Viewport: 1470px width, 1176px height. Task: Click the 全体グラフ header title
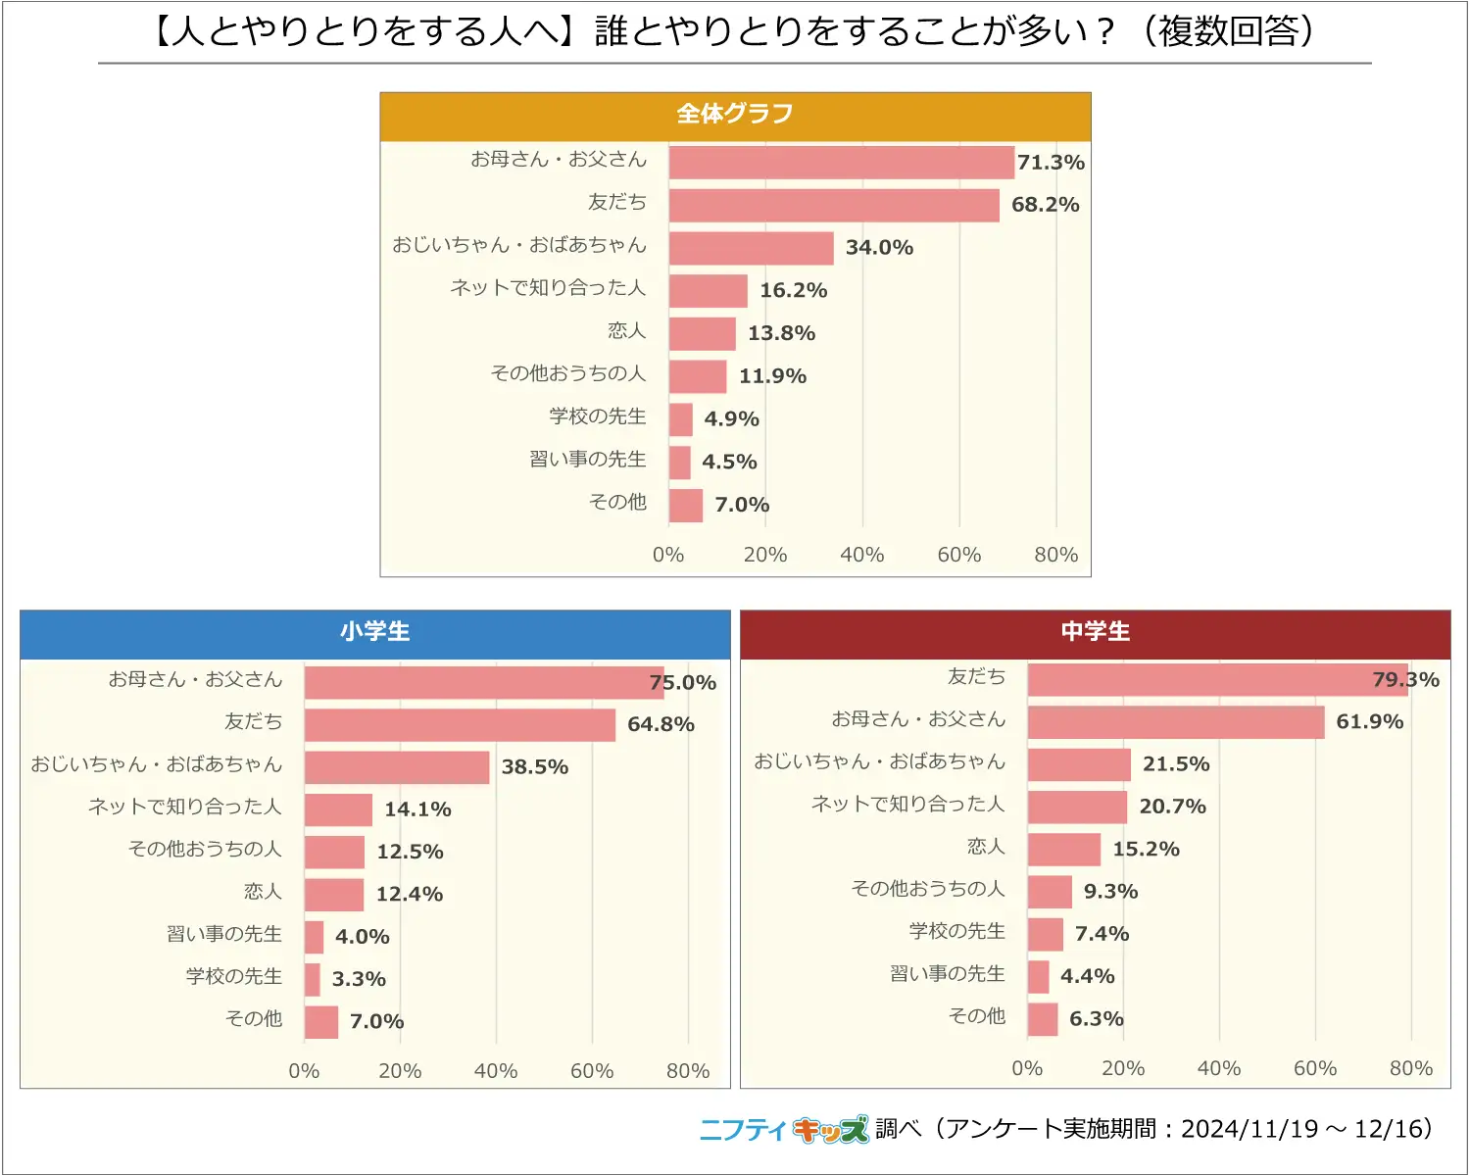[x=735, y=115]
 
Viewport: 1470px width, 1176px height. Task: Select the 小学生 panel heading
[x=375, y=632]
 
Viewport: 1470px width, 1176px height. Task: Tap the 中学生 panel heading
[x=1096, y=632]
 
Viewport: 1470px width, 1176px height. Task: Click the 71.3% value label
[x=1051, y=163]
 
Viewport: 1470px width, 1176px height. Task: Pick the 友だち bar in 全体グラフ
[x=834, y=206]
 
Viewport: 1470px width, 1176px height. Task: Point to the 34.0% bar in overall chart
[x=752, y=248]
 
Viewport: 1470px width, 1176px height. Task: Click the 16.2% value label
[x=794, y=291]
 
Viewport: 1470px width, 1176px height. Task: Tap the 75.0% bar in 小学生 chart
[x=484, y=683]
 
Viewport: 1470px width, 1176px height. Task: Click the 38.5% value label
[x=535, y=767]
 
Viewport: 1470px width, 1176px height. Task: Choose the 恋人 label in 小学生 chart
[x=263, y=892]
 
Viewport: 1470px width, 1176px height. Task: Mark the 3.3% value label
[x=359, y=979]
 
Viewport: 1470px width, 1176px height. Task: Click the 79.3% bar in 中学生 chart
[x=1217, y=680]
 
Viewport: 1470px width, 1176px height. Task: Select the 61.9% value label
[x=1370, y=722]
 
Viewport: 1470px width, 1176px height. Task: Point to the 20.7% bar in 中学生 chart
[x=1077, y=808]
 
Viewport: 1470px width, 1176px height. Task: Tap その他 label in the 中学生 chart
[x=977, y=1016]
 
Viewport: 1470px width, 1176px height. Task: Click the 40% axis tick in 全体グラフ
[x=862, y=555]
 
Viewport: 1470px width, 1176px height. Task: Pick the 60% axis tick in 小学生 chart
[x=592, y=1071]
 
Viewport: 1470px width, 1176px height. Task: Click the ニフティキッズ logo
[x=784, y=1130]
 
